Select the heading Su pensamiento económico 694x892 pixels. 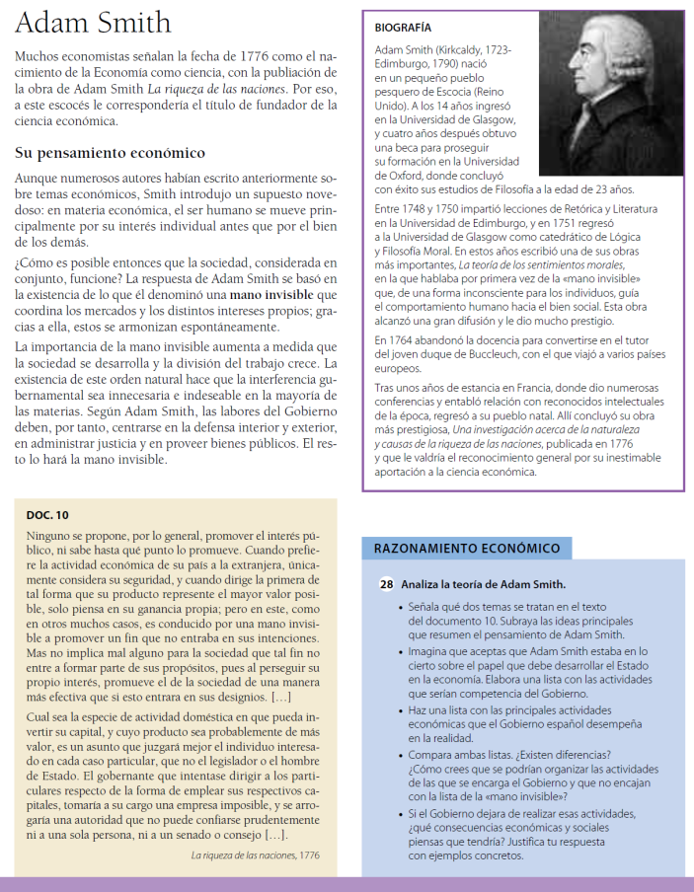pos(110,153)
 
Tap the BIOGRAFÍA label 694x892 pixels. pos(403,28)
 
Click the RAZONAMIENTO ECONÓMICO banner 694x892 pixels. pos(467,549)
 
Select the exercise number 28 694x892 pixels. pos(387,583)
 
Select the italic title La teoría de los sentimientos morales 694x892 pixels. pos(540,265)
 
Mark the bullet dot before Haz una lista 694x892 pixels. pos(398,710)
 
